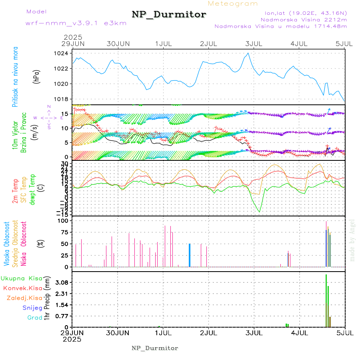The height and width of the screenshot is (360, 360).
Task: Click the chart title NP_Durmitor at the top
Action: click(169, 15)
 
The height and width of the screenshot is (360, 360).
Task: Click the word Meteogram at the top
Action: click(233, 4)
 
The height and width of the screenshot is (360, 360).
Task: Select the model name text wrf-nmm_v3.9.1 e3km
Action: click(76, 23)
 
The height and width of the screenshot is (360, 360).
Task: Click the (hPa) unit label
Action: click(36, 76)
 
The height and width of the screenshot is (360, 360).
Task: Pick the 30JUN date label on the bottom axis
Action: click(118, 332)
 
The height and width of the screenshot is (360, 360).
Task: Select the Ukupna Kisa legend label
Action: click(21, 278)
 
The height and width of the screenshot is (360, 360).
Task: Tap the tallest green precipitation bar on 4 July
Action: click(326, 300)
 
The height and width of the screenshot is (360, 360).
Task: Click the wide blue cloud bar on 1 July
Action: click(190, 255)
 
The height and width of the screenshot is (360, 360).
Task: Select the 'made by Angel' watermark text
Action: click(352, 240)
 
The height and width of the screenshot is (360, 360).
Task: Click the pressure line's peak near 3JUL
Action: click(248, 53)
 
